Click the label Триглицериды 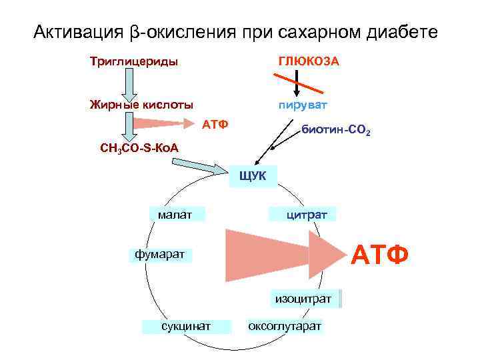134,62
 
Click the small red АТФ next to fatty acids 215,125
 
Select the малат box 175,214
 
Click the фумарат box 159,254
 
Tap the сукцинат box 186,326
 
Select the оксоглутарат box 285,326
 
